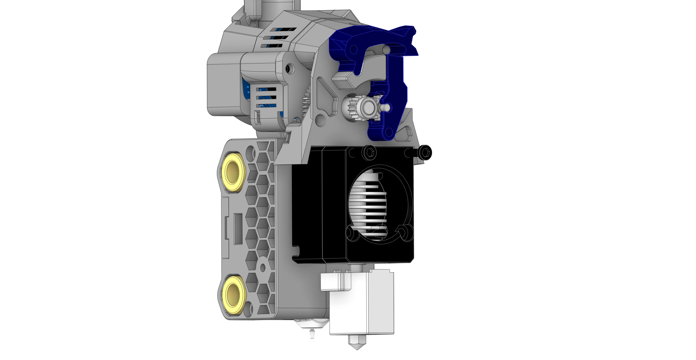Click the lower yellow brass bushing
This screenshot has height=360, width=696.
coord(234,295)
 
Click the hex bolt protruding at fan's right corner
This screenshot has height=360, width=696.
coord(425,152)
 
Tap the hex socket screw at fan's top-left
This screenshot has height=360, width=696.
coord(369,152)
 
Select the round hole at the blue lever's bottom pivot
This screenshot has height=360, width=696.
coord(389,132)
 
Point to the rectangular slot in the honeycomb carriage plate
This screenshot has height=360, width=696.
coord(238,229)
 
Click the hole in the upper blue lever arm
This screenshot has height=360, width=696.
coord(353,49)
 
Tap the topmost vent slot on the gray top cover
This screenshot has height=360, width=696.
coord(283,30)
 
